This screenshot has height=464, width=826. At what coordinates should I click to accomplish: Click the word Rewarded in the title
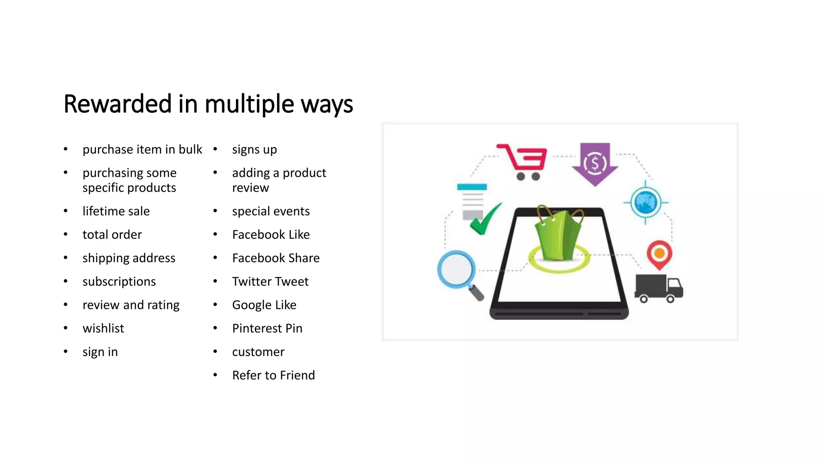coord(118,104)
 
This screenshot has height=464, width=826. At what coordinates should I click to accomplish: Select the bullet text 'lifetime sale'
coord(116,211)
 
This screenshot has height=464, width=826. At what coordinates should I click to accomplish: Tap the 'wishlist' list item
coord(103,328)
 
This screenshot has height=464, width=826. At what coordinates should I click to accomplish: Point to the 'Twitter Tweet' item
coord(270,282)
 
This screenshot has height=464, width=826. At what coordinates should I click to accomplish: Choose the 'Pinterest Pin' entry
coord(267,328)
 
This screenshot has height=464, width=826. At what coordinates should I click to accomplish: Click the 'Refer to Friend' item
coord(273,375)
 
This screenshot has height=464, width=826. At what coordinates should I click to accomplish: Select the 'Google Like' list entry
coord(264,305)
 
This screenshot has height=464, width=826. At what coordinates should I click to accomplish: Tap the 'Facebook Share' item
coord(276,258)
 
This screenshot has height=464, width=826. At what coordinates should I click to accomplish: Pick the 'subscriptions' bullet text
coord(119,282)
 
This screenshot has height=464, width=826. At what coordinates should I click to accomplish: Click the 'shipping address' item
coord(129,258)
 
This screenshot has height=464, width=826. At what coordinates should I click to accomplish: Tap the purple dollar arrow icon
coord(595,164)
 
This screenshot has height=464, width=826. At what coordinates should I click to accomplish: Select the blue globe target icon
coord(645,203)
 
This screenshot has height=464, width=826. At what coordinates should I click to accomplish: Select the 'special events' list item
coord(271,211)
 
